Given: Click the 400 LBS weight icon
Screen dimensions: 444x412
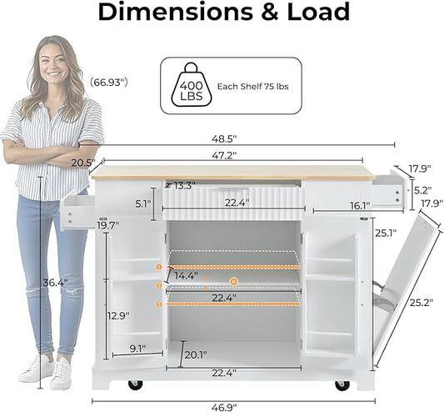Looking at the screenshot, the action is pyautogui.click(x=192, y=85).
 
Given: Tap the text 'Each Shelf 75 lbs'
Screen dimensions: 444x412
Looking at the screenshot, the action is pyautogui.click(x=252, y=87).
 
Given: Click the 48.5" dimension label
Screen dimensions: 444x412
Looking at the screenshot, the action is pyautogui.click(x=224, y=139).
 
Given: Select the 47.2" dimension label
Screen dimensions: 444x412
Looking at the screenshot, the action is pyautogui.click(x=224, y=155).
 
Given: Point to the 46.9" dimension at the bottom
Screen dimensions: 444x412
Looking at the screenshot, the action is pyautogui.click(x=224, y=408).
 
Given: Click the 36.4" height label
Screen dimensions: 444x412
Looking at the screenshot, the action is pyautogui.click(x=55, y=283).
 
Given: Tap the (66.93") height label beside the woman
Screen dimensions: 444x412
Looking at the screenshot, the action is pyautogui.click(x=109, y=83).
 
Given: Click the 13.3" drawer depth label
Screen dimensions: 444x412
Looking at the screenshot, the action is pyautogui.click(x=184, y=186).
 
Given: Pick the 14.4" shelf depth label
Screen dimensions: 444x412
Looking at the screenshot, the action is pyautogui.click(x=186, y=275).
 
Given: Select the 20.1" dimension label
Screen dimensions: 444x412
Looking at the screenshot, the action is pyautogui.click(x=196, y=354).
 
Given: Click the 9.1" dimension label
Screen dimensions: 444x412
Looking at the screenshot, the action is pyautogui.click(x=137, y=349).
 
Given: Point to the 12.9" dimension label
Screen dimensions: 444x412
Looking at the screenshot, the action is pyautogui.click(x=118, y=315).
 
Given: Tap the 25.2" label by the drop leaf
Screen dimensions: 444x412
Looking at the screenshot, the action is pyautogui.click(x=422, y=302).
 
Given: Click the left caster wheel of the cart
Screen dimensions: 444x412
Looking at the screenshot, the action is pyautogui.click(x=135, y=384).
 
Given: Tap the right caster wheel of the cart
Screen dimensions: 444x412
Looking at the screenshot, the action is pyautogui.click(x=342, y=384).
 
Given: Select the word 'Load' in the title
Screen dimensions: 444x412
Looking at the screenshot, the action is pyautogui.click(x=318, y=12).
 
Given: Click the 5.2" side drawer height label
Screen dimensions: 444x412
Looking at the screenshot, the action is pyautogui.click(x=423, y=190).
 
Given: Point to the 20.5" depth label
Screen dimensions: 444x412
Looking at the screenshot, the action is pyautogui.click(x=82, y=163).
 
